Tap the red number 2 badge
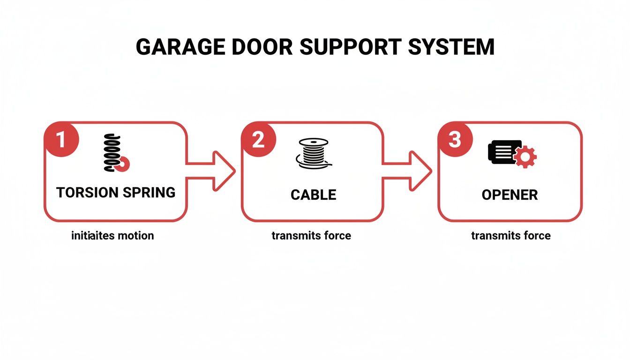258,140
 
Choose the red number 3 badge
455,140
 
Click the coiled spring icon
114,153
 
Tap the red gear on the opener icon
526,156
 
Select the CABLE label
313,195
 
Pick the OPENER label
510,195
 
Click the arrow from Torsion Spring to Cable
213,171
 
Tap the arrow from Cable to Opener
410,171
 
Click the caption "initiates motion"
112,235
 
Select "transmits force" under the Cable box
311,235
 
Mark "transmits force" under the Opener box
511,235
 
